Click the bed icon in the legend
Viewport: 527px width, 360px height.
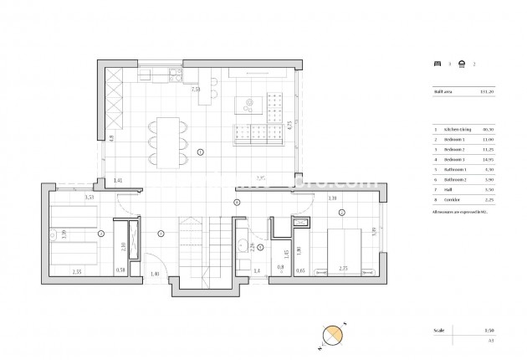437,63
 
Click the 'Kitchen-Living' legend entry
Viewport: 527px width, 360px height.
458,130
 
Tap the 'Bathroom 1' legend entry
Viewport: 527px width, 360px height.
456,169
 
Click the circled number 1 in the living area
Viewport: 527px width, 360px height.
200,152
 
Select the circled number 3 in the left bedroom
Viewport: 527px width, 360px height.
101,234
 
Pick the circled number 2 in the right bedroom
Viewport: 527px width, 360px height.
342,213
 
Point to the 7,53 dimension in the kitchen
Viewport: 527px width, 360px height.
195,89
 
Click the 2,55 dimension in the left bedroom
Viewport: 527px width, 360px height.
76,271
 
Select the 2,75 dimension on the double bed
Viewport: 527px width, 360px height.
342,270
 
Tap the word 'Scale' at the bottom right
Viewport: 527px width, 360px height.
438,332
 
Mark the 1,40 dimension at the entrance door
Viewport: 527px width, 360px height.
155,274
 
